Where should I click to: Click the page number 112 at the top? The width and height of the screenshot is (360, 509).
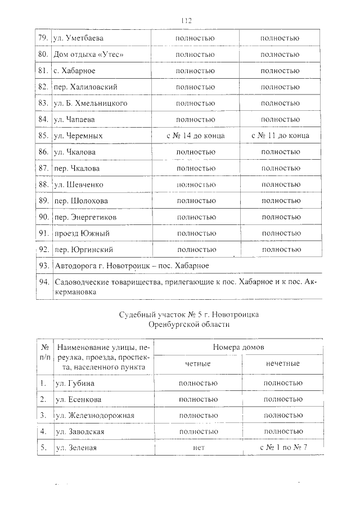(x=187, y=21)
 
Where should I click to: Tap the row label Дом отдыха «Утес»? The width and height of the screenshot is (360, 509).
(x=88, y=55)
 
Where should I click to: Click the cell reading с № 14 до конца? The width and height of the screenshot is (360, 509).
(x=196, y=136)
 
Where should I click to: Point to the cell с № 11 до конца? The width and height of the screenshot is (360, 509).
(x=280, y=136)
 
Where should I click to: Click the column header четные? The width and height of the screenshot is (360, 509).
(x=197, y=364)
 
